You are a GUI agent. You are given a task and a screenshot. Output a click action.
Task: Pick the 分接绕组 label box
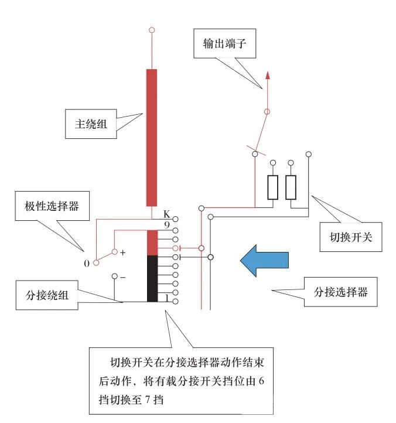(x=47, y=295)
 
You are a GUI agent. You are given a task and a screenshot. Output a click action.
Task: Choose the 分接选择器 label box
(x=341, y=291)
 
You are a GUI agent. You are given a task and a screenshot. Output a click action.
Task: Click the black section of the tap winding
(x=152, y=278)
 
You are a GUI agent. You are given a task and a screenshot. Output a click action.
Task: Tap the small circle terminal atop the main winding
(x=152, y=29)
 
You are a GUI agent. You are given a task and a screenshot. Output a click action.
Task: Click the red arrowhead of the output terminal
(x=268, y=75)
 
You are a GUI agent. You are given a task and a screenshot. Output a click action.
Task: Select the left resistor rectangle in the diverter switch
(x=273, y=187)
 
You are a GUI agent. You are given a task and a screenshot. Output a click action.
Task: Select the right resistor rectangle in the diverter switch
(x=291, y=187)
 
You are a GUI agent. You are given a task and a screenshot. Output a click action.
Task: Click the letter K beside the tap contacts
(x=166, y=214)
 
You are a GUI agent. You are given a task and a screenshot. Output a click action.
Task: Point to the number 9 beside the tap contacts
(x=166, y=224)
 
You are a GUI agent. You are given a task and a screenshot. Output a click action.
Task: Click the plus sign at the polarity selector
(x=123, y=253)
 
